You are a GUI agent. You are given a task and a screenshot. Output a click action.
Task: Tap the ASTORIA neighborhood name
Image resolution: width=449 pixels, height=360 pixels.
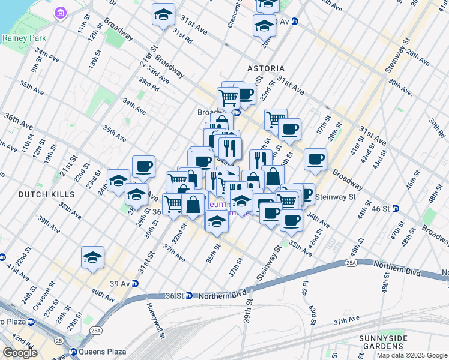click(x=265, y=69)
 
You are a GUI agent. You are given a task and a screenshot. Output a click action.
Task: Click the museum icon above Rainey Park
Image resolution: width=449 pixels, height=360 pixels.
click(x=59, y=13)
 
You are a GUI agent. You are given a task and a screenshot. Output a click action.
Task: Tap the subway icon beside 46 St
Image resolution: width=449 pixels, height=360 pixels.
click(x=412, y=209)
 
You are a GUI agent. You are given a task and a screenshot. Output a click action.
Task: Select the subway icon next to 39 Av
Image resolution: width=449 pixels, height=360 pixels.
click(x=135, y=283)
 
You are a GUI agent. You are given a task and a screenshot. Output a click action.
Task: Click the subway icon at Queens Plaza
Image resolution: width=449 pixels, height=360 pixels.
click(x=73, y=352)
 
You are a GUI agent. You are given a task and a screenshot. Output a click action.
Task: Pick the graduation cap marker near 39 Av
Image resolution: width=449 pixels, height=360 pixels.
click(x=93, y=257)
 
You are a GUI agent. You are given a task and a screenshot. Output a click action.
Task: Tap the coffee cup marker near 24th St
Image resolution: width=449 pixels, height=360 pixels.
click(x=143, y=166)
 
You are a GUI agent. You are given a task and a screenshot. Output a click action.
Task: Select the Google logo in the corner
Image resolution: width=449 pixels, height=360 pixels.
click(x=20, y=353)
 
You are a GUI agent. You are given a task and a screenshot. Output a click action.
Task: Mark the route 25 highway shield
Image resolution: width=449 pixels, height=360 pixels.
click(x=58, y=341)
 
